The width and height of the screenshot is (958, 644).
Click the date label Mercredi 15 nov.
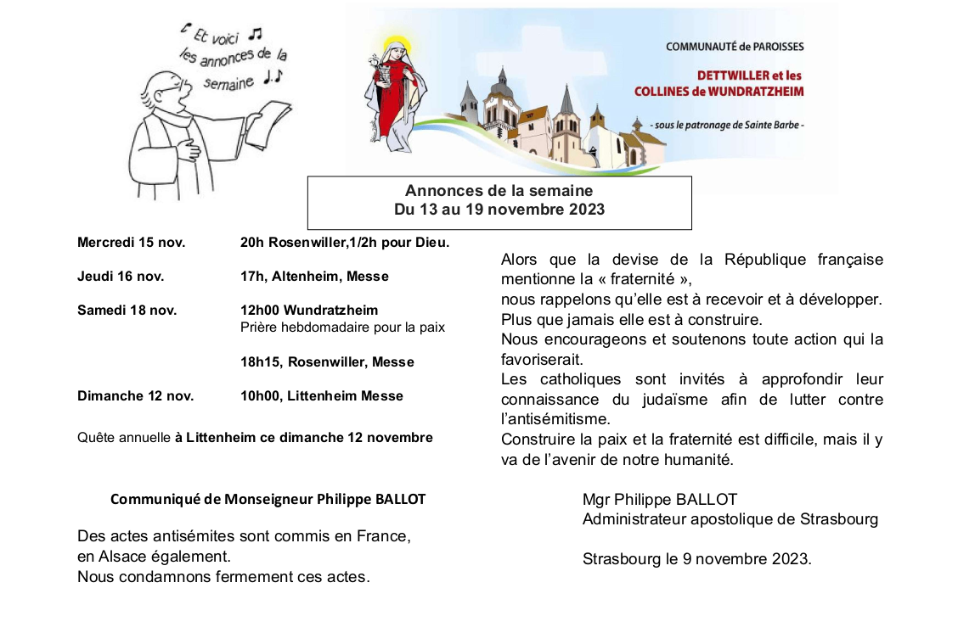[131, 243]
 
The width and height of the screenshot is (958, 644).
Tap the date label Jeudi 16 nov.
[121, 277]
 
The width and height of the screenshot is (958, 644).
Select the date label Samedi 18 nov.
[127, 311]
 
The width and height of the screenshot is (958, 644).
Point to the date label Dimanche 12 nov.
[135, 396]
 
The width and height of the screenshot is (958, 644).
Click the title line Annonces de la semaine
[499, 191]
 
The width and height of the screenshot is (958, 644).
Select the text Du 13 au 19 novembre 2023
[499, 210]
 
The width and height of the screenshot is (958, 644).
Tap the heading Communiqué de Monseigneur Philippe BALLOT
[268, 499]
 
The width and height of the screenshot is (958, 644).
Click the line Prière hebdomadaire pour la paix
[342, 328]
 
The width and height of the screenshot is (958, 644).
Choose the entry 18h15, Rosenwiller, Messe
[327, 362]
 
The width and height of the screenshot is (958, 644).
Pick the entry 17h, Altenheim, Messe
[314, 277]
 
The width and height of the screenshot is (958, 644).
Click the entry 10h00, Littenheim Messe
[322, 396]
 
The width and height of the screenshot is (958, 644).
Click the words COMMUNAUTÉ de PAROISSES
[734, 47]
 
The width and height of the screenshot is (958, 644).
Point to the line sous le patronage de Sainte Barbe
[726, 126]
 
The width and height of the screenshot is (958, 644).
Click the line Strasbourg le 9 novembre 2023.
[696, 559]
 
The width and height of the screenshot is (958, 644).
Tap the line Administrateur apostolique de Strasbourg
[730, 519]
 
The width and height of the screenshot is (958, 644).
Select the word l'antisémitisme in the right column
[555, 420]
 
